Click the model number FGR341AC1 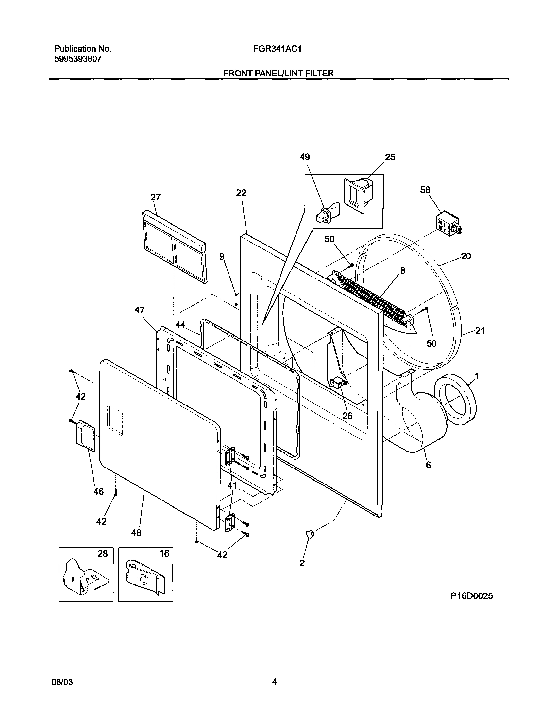click(277, 49)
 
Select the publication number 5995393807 click(77, 59)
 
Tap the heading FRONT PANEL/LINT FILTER click(279, 73)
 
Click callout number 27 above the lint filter click(156, 197)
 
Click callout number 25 click(390, 157)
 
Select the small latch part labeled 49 click(326, 213)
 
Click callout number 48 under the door click(136, 532)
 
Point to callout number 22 click(241, 193)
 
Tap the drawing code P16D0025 click(471, 596)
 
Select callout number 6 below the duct click(428, 465)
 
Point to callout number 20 click(466, 256)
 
